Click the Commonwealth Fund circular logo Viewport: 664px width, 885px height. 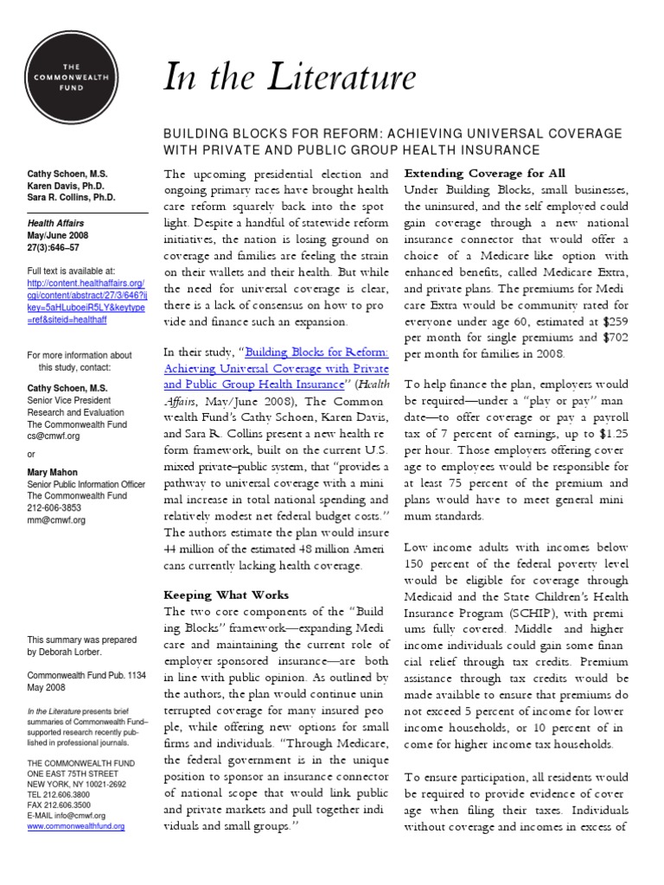coord(72,73)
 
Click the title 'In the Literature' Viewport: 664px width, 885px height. coord(290,78)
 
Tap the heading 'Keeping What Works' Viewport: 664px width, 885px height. coord(227,595)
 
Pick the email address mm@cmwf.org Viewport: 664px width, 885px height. coord(56,520)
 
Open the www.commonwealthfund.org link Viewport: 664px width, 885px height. coord(76,826)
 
